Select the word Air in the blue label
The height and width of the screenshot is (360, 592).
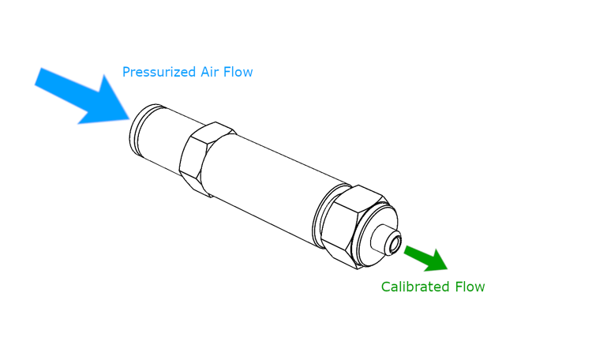[210, 73]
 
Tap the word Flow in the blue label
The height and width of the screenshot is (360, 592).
[238, 73]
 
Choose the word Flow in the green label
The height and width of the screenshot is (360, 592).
[470, 287]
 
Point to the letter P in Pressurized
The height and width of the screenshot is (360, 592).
[126, 73]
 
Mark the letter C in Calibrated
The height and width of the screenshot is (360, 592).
[386, 287]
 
